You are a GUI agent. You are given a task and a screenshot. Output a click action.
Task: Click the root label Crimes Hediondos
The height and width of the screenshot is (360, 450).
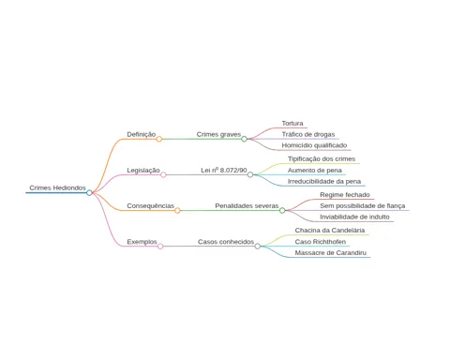coord(57,187)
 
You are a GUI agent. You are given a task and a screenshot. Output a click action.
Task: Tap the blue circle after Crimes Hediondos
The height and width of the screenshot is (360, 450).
coord(89,193)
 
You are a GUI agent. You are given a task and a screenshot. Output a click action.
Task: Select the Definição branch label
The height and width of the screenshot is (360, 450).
coord(142,134)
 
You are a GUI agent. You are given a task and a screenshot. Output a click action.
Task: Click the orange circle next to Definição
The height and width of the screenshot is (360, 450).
coord(159,139)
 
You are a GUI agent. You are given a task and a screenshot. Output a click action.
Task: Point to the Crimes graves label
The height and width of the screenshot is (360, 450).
coord(218,134)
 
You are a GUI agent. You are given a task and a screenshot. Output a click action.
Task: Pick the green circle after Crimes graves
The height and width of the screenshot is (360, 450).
coord(244,139)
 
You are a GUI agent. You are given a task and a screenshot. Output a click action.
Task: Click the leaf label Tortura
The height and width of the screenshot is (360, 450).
coord(292,124)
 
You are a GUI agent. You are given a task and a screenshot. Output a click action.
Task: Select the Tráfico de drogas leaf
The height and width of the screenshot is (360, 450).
coord(308,134)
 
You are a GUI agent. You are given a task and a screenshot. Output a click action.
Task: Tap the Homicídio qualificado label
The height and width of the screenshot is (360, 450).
coord(314,145)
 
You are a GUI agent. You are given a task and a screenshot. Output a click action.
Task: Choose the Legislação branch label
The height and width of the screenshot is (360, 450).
coord(143,171)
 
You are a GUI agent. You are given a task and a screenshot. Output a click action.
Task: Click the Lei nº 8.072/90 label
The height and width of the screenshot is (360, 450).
coord(224,170)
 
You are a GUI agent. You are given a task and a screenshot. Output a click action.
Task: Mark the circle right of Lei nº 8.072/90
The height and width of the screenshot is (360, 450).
coord(250,174)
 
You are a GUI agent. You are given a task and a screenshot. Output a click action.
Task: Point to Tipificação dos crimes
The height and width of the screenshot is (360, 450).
coord(322,158)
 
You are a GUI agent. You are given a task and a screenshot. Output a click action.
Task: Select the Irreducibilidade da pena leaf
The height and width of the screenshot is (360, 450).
coord(324,181)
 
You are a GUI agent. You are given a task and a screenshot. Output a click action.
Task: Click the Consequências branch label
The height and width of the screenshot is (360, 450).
coord(150,206)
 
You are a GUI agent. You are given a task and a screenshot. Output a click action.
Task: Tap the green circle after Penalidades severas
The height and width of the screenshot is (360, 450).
coord(282,211)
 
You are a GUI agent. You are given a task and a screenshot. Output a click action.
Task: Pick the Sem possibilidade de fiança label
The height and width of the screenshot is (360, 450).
coord(363,206)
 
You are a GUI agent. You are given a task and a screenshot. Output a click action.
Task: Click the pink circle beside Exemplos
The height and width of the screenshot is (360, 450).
coord(160,247)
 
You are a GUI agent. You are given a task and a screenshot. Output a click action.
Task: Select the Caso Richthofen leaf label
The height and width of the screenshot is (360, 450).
coord(321,242)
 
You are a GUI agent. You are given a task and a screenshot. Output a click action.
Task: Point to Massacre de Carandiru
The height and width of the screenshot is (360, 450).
coord(331,252)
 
